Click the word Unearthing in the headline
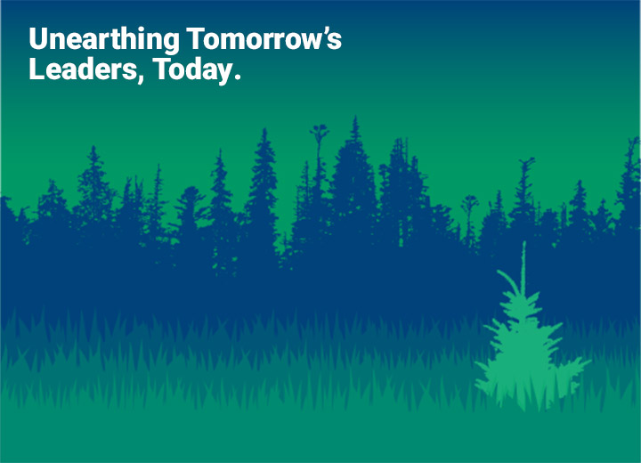[104, 40]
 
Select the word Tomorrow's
[264, 38]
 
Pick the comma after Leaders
[141, 78]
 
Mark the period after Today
[236, 77]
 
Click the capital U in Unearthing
[37, 38]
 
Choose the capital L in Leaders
[36, 69]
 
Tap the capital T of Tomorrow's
[196, 38]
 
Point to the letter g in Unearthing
[171, 44]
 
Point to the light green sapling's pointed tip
[524, 241]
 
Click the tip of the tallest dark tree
[355, 117]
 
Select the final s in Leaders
[129, 72]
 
